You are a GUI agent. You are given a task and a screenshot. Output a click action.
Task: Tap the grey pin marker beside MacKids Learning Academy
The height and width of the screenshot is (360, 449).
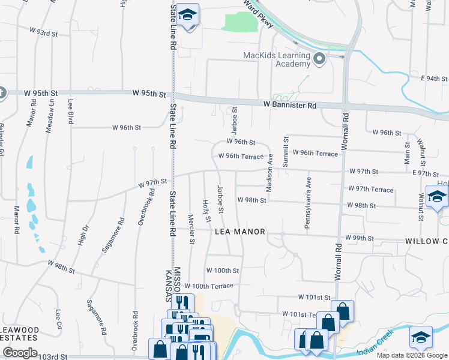(x=319, y=59)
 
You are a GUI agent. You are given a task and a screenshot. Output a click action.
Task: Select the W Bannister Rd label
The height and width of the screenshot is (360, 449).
(x=289, y=105)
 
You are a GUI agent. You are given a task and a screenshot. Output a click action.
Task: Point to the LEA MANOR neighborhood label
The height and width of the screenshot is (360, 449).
(x=240, y=232)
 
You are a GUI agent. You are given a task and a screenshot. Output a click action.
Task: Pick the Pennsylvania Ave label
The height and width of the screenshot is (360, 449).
(x=309, y=203)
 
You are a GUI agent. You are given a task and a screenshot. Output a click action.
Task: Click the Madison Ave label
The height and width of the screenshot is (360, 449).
(x=270, y=173)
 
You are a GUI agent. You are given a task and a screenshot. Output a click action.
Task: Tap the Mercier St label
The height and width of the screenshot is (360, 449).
(x=191, y=230)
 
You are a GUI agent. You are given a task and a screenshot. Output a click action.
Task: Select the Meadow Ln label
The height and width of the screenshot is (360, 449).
(x=51, y=116)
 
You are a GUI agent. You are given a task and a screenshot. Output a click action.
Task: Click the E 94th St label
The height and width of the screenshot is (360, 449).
(x=435, y=79)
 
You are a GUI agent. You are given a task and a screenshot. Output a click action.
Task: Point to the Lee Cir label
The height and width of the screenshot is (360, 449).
(x=59, y=321)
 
